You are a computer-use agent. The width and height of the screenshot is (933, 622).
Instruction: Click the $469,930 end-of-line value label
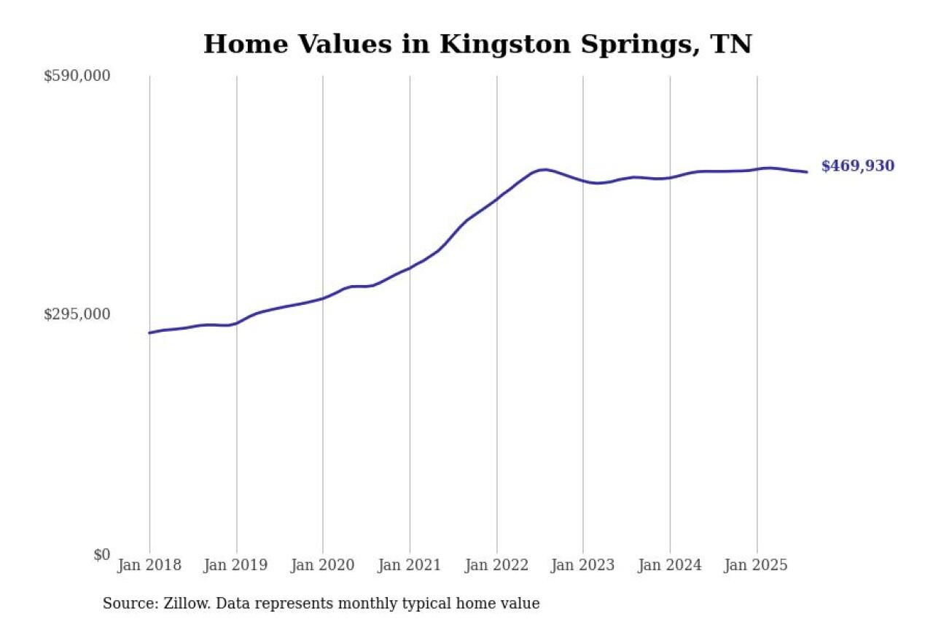pyautogui.click(x=857, y=166)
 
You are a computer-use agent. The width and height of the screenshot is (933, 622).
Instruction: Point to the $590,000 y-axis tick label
pyautogui.click(x=77, y=76)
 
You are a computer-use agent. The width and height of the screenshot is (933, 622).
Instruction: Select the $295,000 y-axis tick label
pyautogui.click(x=77, y=314)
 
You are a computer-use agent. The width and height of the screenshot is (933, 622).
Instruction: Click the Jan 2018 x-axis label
pyautogui.click(x=149, y=566)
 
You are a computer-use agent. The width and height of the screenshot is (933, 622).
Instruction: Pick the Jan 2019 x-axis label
pyautogui.click(x=236, y=566)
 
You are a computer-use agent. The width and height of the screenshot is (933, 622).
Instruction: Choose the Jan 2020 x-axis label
pyautogui.click(x=323, y=566)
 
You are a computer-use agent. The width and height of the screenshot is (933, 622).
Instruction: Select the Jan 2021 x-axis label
pyautogui.click(x=410, y=566)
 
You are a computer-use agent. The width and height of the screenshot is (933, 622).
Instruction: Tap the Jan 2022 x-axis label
pyautogui.click(x=496, y=566)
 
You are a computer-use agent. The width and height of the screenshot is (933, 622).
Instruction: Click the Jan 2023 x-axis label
pyautogui.click(x=583, y=566)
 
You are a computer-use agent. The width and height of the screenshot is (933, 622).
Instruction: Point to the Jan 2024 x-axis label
pyautogui.click(x=670, y=566)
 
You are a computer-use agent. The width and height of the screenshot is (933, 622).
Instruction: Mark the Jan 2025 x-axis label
pyautogui.click(x=757, y=566)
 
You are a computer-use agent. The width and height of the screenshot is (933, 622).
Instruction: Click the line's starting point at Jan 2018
pyautogui.click(x=149, y=333)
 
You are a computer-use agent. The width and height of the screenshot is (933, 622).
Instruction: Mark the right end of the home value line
pyautogui.click(x=807, y=172)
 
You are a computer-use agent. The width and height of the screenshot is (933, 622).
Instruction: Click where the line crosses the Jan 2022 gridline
pyautogui.click(x=496, y=198)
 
